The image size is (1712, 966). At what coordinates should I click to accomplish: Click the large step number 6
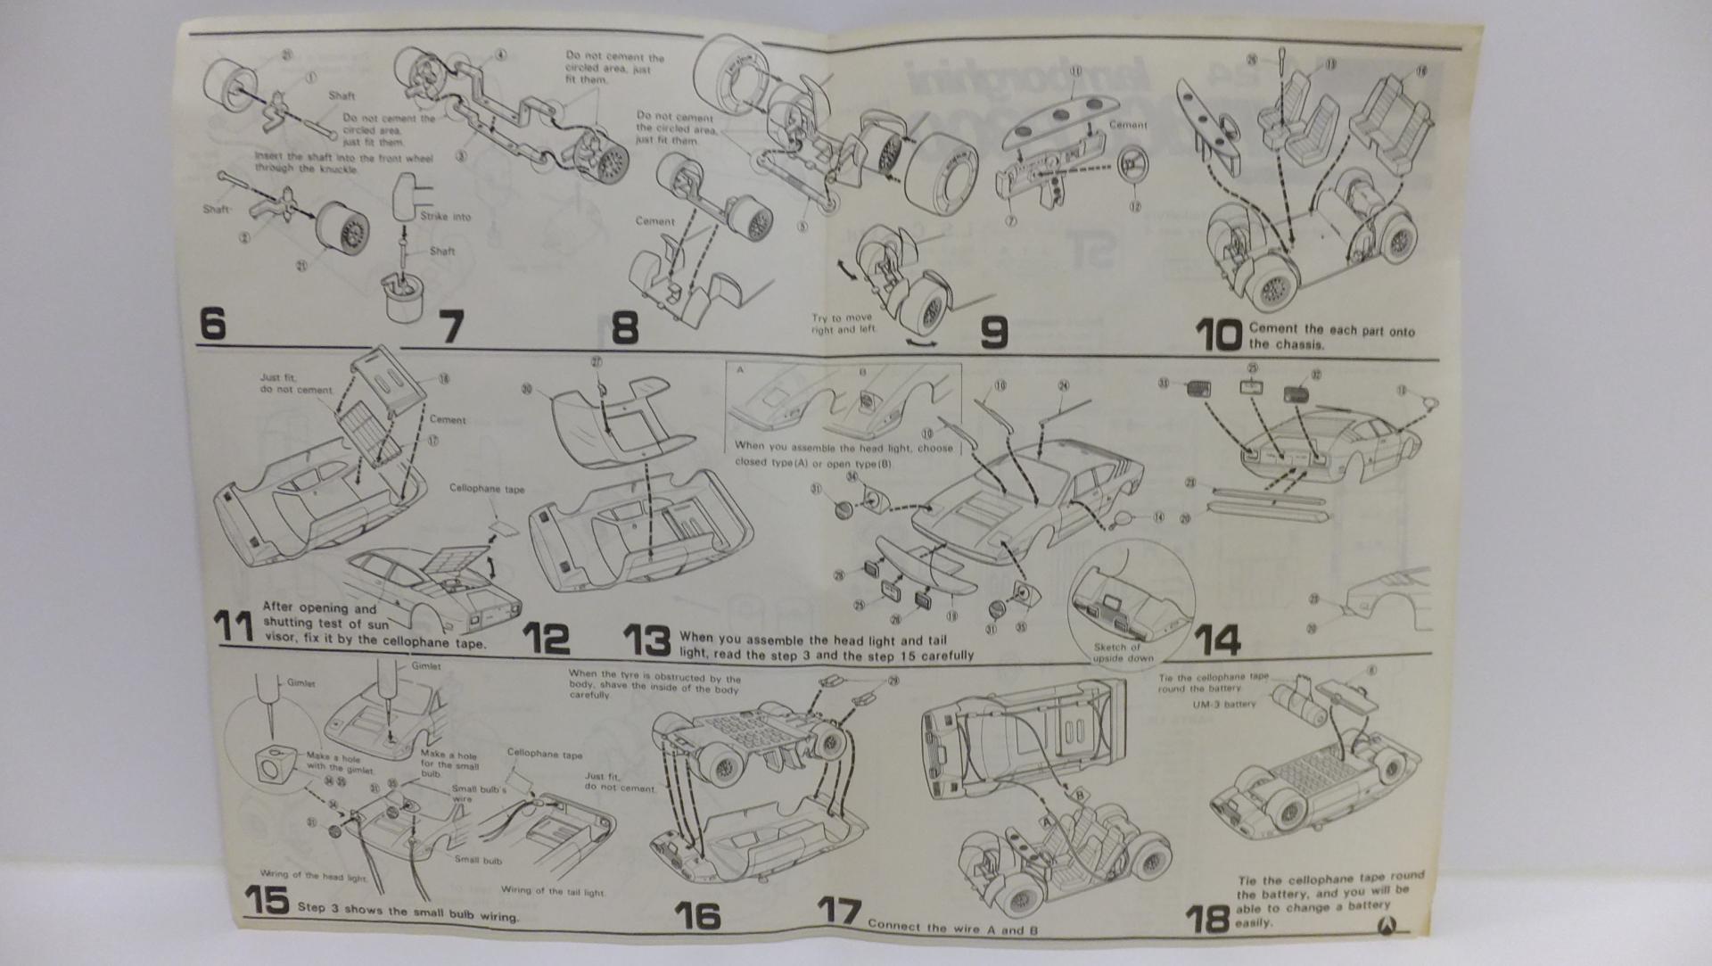[212, 323]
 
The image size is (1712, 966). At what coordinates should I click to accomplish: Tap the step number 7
[452, 326]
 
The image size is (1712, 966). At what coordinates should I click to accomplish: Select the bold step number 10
[1218, 335]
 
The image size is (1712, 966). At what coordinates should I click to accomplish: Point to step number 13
[646, 640]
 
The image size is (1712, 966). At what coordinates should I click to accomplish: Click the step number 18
[1208, 918]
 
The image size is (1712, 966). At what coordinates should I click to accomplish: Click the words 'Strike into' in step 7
[446, 216]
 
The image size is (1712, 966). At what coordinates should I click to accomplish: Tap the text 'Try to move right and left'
[842, 323]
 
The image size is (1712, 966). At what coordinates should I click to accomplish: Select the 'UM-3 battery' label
[1223, 704]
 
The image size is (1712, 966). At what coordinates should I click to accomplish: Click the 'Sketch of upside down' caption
[1123, 652]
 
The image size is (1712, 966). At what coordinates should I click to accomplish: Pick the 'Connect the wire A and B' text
[952, 928]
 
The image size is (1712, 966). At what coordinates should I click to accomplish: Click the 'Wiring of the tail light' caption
[552, 890]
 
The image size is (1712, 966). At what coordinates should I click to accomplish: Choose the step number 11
[235, 626]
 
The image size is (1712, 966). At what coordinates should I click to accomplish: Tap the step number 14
[1216, 640]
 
